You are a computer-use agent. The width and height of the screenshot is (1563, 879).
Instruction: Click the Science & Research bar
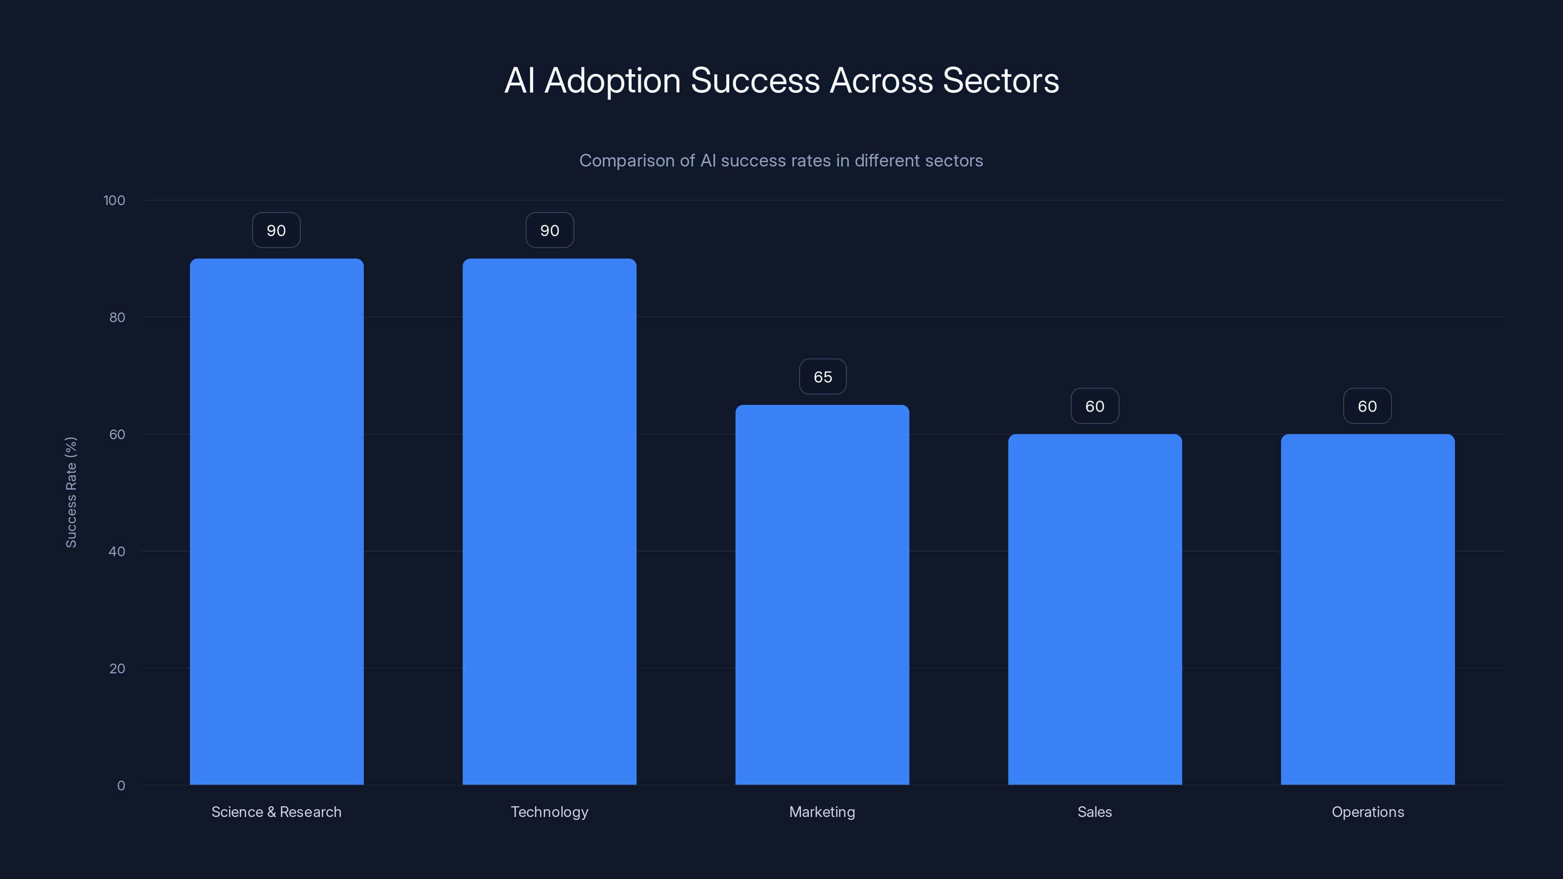tap(276, 522)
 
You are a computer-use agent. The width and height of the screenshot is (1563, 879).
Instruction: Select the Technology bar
tap(549, 522)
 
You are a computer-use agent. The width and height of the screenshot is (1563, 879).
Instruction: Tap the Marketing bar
tap(822, 594)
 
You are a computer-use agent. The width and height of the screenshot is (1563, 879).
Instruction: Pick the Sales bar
tap(1095, 609)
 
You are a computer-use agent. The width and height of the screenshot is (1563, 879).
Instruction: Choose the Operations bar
tap(1368, 609)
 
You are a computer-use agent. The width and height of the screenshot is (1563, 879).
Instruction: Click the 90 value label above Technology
tap(549, 230)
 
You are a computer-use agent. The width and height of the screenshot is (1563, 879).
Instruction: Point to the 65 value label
tap(822, 377)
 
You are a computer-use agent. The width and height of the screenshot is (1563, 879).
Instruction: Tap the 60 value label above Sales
tap(1095, 406)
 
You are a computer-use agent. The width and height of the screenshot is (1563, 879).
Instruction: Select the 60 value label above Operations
tap(1367, 406)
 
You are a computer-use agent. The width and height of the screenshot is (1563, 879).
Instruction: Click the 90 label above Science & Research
tap(276, 230)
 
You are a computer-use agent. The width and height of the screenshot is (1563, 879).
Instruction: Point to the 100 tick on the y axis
tap(114, 200)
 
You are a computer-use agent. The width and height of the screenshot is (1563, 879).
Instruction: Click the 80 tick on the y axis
tap(117, 317)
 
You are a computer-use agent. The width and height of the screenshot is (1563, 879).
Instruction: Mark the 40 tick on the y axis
tap(117, 551)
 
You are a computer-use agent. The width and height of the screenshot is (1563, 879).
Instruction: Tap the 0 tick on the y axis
tap(121, 786)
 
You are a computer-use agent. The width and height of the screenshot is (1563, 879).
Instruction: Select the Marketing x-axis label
tap(822, 812)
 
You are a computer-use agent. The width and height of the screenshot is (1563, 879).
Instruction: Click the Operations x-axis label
tap(1368, 812)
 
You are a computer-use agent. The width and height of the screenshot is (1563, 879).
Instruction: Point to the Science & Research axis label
tap(276, 812)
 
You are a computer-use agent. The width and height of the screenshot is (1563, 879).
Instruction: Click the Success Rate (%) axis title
tap(71, 492)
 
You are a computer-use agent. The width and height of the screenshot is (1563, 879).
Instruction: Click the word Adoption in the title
tap(612, 81)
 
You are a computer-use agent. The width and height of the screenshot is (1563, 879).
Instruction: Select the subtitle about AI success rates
tap(781, 161)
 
